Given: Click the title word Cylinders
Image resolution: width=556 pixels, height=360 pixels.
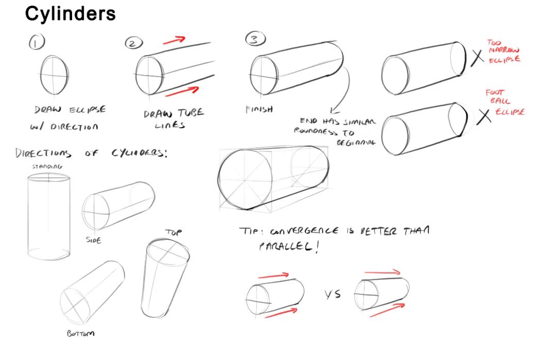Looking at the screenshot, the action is pos(71,14).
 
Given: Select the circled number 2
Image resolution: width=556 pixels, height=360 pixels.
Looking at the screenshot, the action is pos(133,43).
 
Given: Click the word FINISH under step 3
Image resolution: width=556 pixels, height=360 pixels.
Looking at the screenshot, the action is pos(259,109).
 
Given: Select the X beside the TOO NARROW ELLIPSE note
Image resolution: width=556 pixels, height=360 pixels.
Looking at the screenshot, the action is pos(478,57).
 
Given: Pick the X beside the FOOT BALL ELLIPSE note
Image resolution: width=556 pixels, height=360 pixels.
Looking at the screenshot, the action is pos(483,116).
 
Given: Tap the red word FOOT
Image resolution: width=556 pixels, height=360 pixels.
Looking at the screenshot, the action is pos(494,93).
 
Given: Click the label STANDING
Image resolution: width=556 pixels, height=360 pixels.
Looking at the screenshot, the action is pos(47,166).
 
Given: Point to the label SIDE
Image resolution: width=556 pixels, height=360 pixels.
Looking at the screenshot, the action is pos(94,240).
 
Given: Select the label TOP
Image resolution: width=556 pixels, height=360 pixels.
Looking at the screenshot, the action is pos(173,232).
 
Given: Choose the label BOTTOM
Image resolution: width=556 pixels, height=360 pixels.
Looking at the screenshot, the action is pos(80,334).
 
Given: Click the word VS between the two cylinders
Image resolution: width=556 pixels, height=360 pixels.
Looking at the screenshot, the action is pos(333,295).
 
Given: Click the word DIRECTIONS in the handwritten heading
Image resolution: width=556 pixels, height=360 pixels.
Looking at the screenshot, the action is pos(43,153).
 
